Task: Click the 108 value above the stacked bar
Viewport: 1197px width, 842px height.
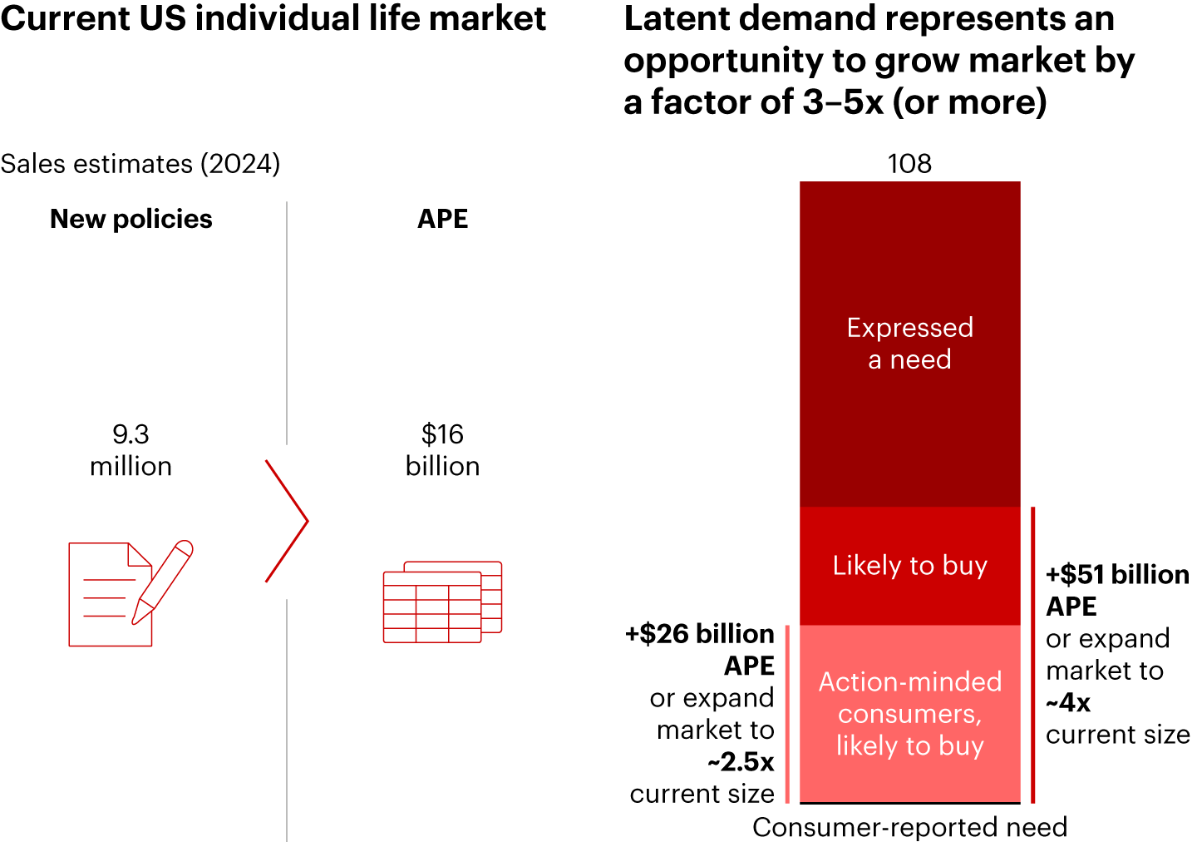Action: (x=909, y=164)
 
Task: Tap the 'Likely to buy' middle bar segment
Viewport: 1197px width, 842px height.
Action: (x=909, y=566)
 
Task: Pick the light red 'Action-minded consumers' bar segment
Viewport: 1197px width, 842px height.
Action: (x=909, y=714)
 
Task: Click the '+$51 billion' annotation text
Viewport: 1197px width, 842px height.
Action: (x=1116, y=575)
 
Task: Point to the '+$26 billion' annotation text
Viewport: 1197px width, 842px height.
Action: (x=700, y=634)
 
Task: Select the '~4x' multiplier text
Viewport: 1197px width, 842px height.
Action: (x=1067, y=703)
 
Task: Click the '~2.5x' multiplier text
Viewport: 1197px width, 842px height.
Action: (x=741, y=762)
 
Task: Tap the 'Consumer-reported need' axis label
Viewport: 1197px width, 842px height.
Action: (x=909, y=827)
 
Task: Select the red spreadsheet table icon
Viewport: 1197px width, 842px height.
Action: (x=442, y=602)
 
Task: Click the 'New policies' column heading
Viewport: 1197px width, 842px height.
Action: (x=131, y=219)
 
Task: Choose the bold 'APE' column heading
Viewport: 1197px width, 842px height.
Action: (x=442, y=219)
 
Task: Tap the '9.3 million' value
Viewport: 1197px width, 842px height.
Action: (x=131, y=450)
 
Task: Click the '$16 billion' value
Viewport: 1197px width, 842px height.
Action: (x=442, y=450)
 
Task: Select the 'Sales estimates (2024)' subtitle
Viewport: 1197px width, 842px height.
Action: (x=140, y=164)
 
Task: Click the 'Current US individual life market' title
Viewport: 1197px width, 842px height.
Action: (x=273, y=18)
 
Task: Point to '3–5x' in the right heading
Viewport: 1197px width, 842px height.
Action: (x=843, y=102)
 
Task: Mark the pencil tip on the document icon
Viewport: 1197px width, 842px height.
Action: (x=135, y=621)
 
